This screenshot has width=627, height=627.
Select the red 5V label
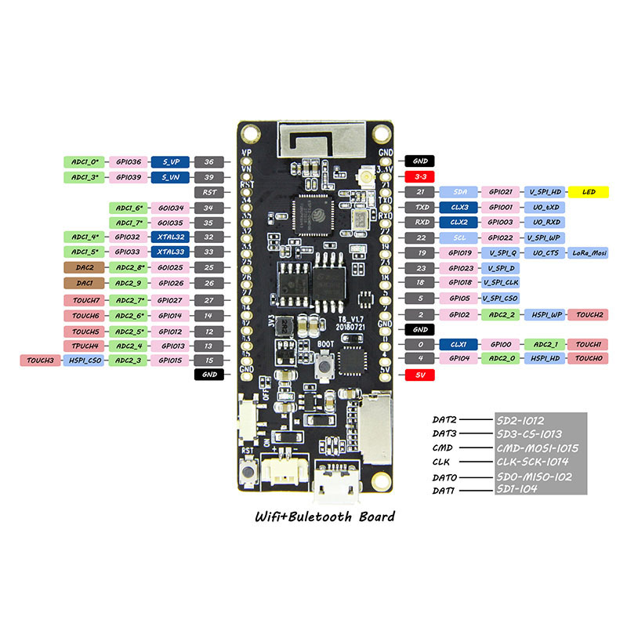click(x=420, y=375)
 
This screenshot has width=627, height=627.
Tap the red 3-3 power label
click(x=420, y=177)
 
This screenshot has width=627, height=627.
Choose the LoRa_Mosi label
click(x=588, y=253)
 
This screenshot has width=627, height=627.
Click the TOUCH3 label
click(x=39, y=360)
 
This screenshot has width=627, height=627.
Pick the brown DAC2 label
click(x=84, y=267)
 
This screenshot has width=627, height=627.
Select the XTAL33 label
click(x=170, y=252)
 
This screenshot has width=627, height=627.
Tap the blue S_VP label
click(x=170, y=162)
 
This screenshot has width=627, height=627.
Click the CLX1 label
click(x=458, y=344)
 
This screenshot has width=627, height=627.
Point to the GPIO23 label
click(x=458, y=268)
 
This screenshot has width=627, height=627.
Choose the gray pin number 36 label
click(x=208, y=162)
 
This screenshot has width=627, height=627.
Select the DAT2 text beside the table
click(x=444, y=419)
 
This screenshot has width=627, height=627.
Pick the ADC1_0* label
click(x=84, y=162)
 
